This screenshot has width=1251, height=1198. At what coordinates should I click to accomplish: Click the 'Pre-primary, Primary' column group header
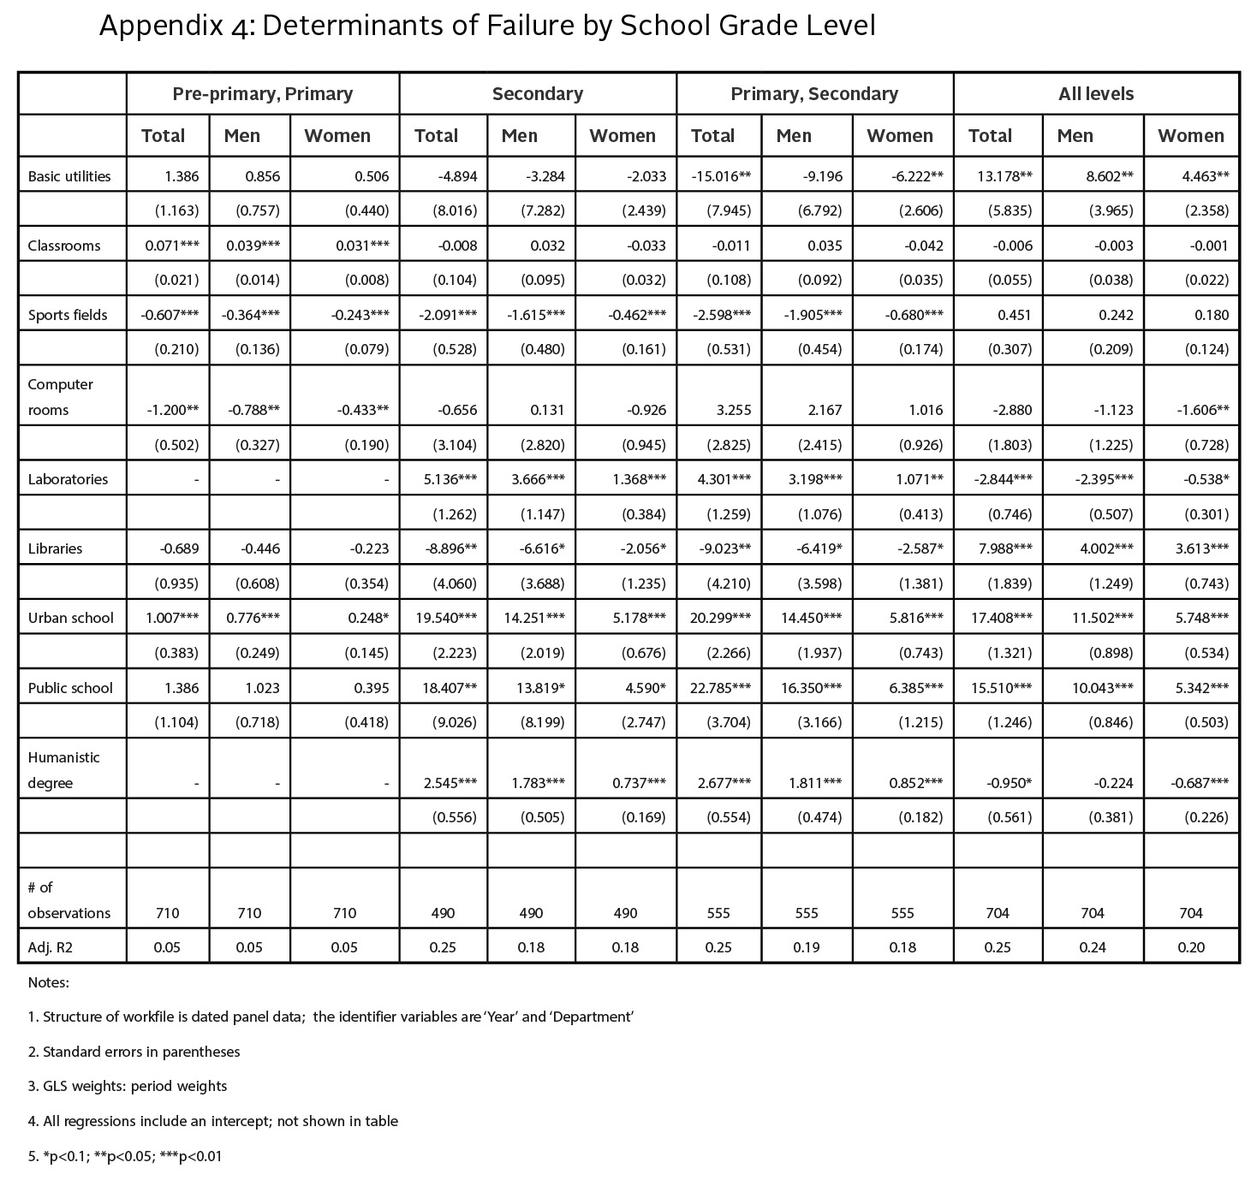click(262, 94)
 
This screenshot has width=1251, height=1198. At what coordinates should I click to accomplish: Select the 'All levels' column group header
click(1095, 94)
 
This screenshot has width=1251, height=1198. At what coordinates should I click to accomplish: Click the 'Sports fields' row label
click(68, 315)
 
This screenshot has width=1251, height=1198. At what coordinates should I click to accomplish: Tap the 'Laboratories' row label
click(68, 479)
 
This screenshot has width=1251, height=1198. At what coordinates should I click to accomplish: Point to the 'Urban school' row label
click(70, 618)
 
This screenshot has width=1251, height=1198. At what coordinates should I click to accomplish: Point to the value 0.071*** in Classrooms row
click(172, 246)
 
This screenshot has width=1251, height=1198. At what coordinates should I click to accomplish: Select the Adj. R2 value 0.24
click(1093, 947)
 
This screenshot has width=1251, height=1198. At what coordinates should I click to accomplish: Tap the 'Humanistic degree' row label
click(63, 770)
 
